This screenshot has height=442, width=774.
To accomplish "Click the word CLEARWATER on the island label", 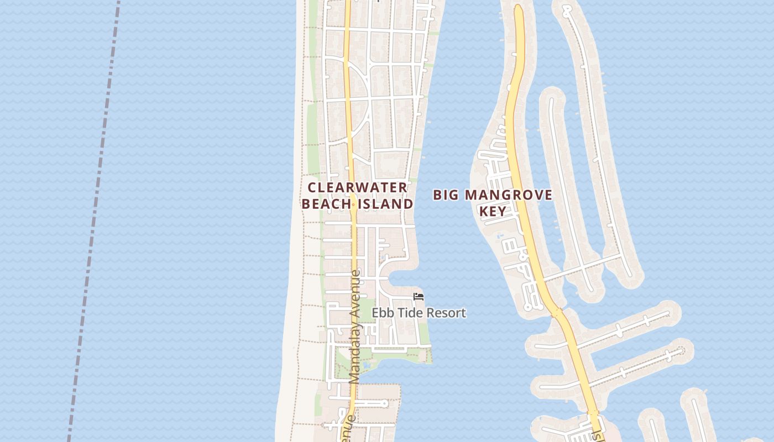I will pyautogui.click(x=358, y=187).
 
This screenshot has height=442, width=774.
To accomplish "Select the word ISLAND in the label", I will pyautogui.click(x=386, y=204).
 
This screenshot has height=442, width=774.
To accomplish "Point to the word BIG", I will pyautogui.click(x=446, y=194).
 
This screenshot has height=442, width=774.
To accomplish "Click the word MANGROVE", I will pyautogui.click(x=509, y=194).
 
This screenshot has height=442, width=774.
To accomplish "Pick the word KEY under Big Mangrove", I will pyautogui.click(x=493, y=211).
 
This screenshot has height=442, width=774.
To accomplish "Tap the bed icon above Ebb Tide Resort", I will pyautogui.click(x=419, y=297).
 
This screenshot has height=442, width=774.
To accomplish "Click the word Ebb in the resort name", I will pyautogui.click(x=381, y=313).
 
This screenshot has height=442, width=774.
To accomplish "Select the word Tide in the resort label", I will pyautogui.click(x=407, y=313).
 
